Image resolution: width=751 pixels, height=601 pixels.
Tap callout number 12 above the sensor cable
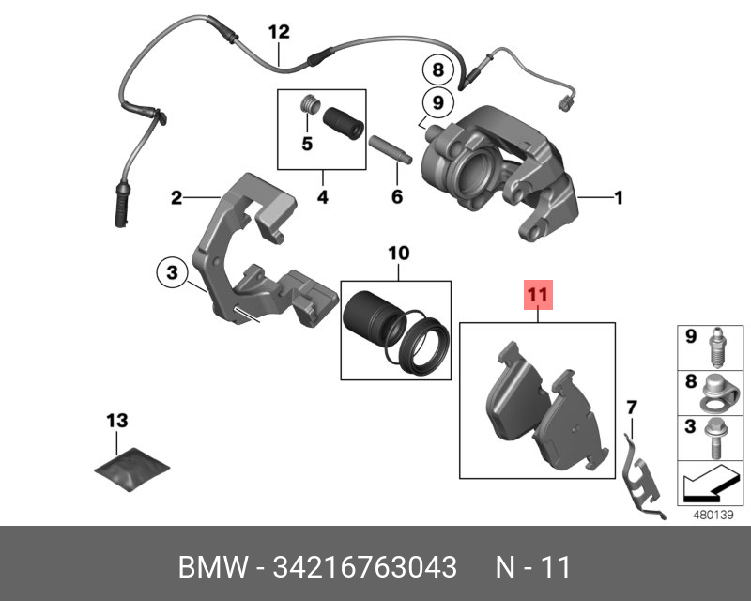click(x=279, y=33)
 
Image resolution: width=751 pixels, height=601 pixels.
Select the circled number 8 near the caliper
click(x=435, y=69)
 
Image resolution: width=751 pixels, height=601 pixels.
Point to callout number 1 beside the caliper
click(x=618, y=197)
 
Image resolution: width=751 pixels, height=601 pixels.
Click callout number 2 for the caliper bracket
click(x=176, y=198)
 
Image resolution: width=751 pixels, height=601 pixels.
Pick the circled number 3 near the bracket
click(x=171, y=273)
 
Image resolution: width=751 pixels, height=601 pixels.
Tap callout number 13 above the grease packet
click(x=116, y=420)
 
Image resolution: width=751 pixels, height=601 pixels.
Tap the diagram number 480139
click(x=712, y=515)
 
